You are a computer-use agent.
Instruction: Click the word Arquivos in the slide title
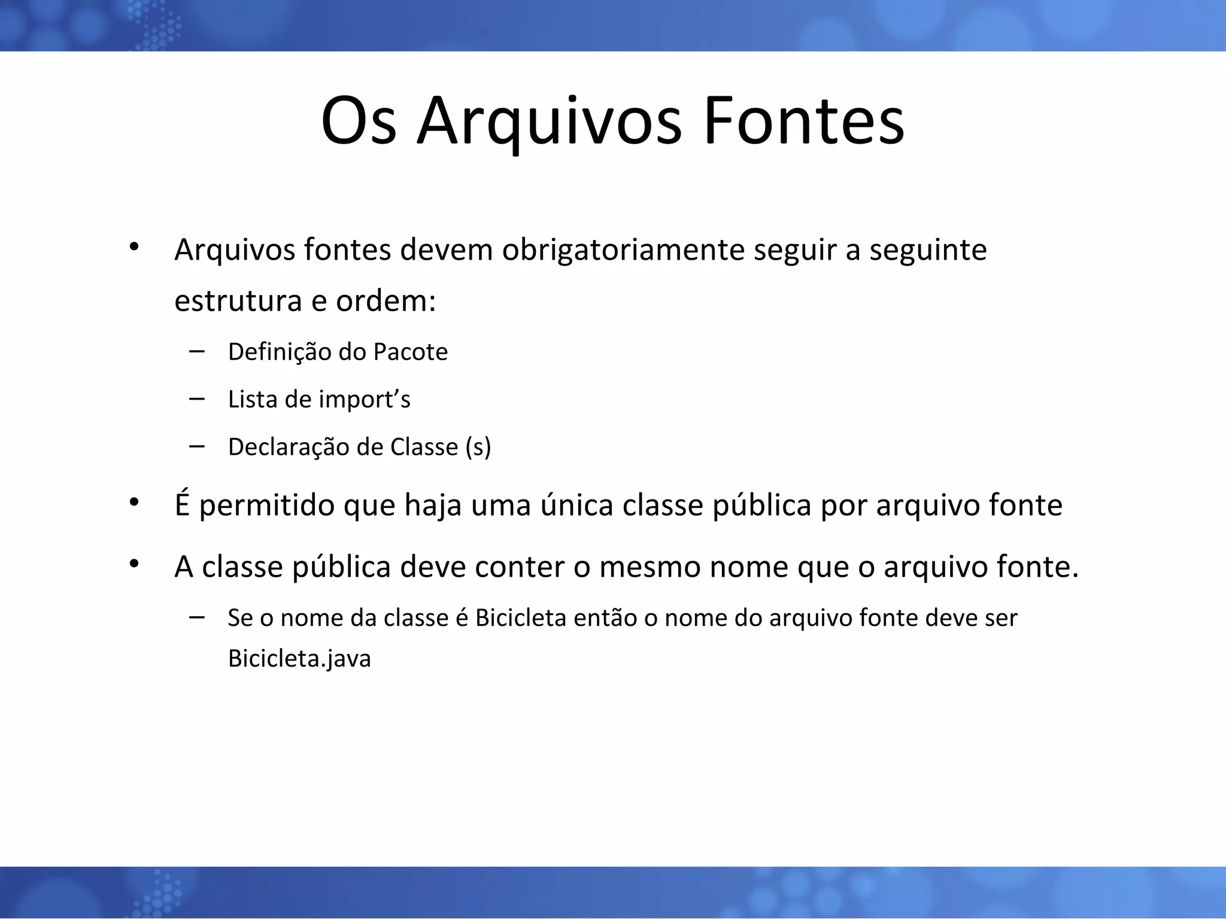pos(548,122)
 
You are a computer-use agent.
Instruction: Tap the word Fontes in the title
pos(803,122)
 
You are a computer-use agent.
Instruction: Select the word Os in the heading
pos(358,122)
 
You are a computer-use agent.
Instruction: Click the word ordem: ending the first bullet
pos(386,301)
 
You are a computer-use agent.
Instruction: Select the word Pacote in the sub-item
pos(410,352)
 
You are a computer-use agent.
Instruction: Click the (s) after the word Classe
pos(478,448)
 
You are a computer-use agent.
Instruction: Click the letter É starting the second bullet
pos(182,504)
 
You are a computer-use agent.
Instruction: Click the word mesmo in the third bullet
pos(650,567)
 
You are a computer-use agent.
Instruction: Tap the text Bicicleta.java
pos(299,659)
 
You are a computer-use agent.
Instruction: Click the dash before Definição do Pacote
pos(196,351)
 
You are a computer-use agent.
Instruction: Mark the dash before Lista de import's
pos(196,398)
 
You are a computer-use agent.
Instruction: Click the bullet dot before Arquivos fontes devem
pos(133,246)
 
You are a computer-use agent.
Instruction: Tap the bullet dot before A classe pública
pos(133,562)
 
